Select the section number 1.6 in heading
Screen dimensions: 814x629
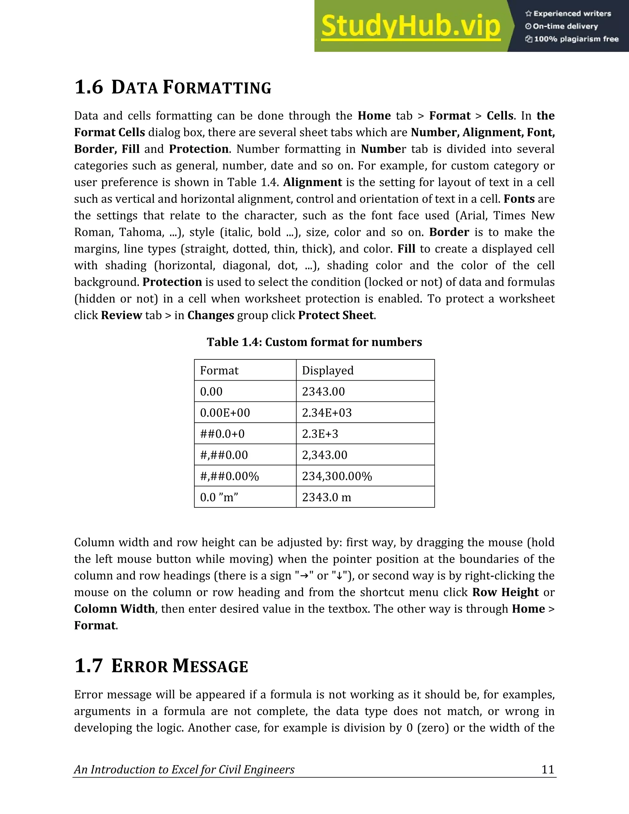89,87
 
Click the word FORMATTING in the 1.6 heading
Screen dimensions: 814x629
217,88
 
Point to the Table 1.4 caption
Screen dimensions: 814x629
314,342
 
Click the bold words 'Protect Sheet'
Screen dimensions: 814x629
336,315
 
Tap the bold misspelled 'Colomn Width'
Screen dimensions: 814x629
114,609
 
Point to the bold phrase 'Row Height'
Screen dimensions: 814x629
505,592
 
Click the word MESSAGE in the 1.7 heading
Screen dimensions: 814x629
210,667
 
